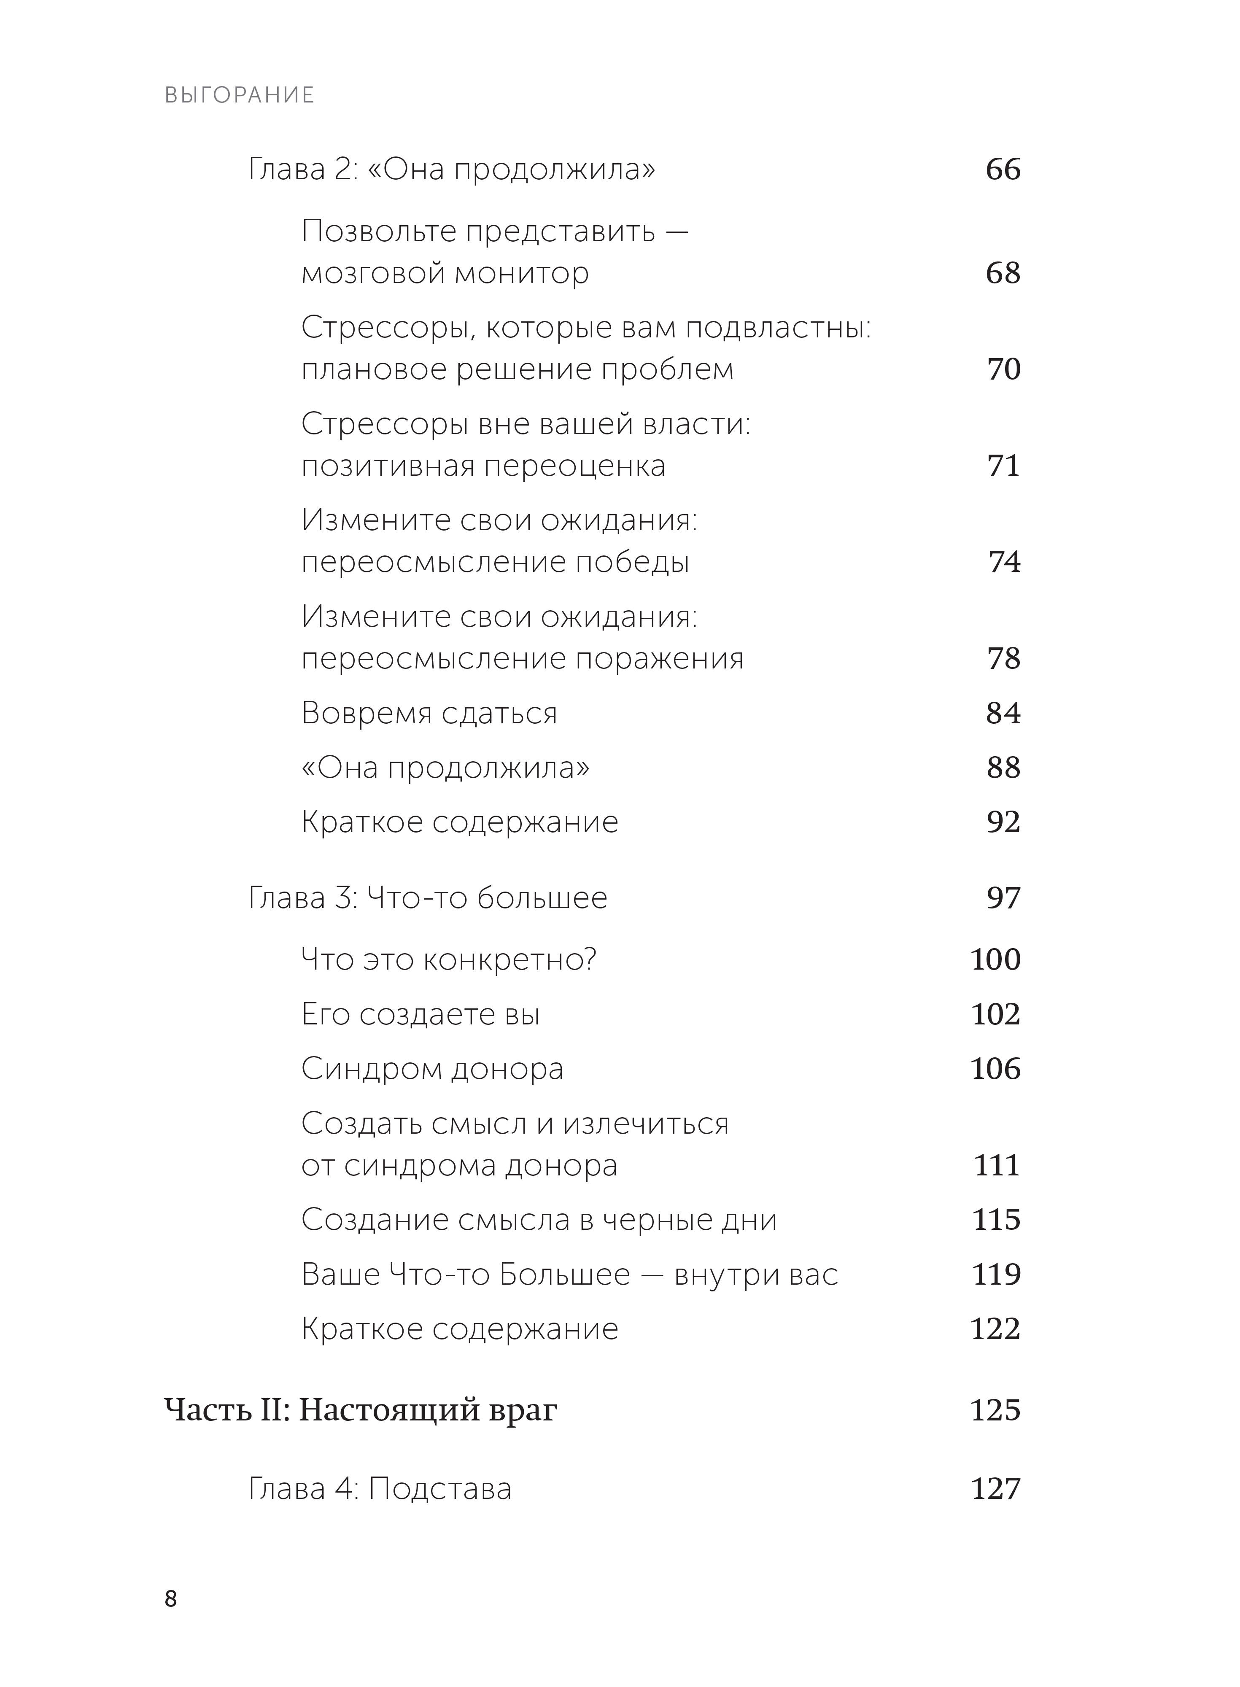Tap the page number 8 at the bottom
(171, 1599)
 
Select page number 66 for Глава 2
(1003, 170)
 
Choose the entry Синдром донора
(432, 1069)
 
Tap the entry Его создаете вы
(421, 1015)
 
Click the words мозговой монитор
(445, 273)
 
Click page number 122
(995, 1329)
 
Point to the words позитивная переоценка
(483, 466)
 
